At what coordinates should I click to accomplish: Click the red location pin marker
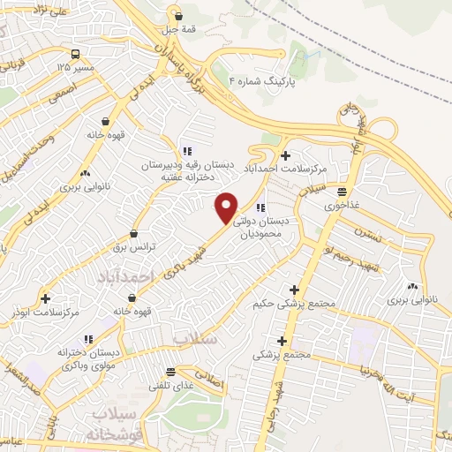(x=227, y=207)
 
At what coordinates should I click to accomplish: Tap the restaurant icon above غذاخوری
(x=342, y=191)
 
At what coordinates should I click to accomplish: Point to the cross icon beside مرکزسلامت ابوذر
(x=45, y=298)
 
